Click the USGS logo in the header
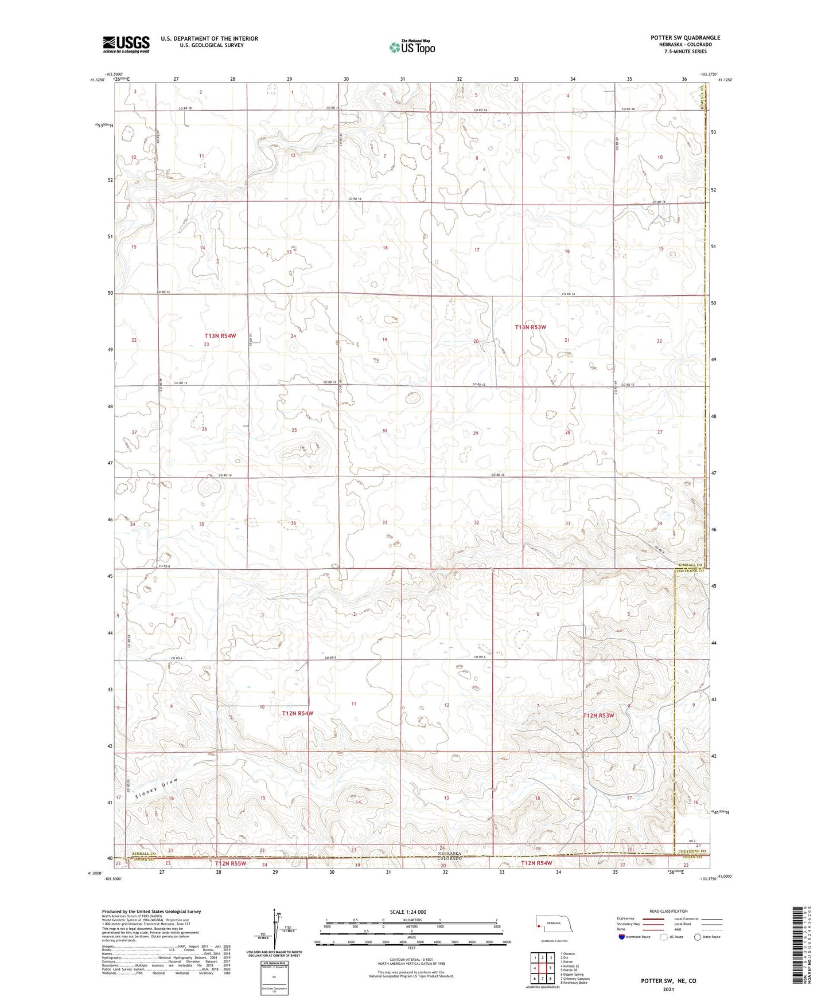[126, 44]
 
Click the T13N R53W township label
[530, 327]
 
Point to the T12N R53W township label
[598, 715]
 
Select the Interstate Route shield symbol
[622, 937]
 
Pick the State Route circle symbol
[698, 937]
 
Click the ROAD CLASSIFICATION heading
[668, 911]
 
